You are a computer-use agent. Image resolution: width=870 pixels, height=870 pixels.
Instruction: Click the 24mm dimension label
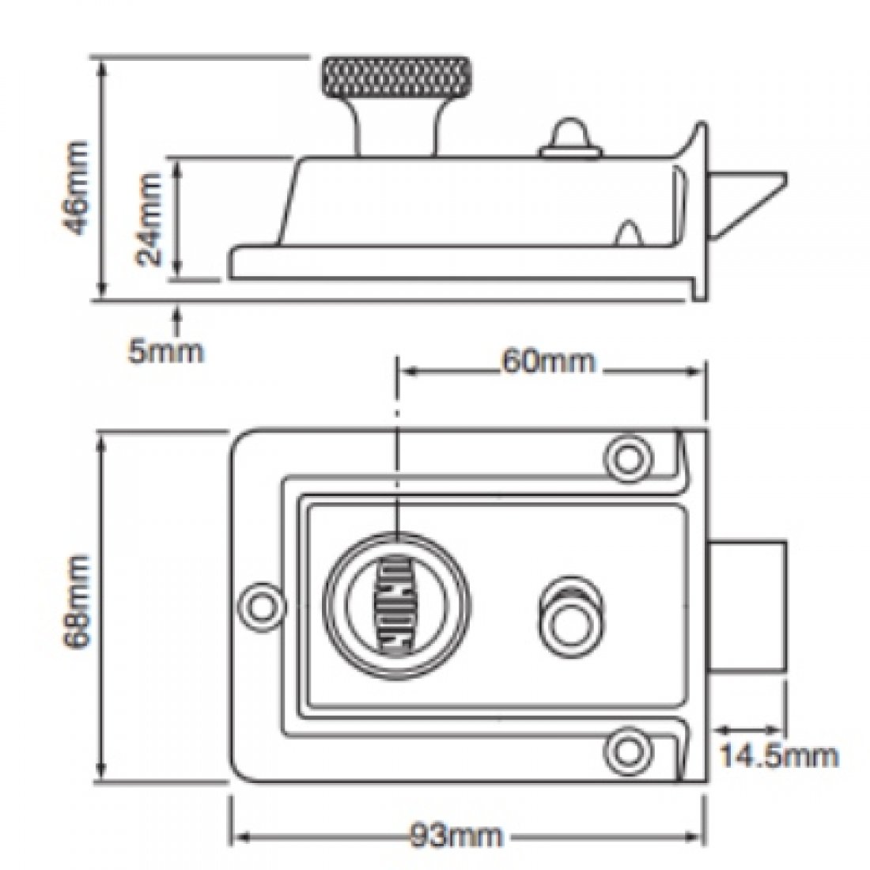click(x=149, y=219)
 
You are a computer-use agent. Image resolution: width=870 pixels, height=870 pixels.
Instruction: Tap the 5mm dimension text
click(x=166, y=351)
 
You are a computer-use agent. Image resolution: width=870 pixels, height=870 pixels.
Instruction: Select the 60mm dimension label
click(x=547, y=361)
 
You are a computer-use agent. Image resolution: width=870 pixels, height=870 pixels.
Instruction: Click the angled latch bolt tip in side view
click(x=751, y=198)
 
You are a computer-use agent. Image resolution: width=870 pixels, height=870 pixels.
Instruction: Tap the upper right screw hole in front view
click(x=628, y=457)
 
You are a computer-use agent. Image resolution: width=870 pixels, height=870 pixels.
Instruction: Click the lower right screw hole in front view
click(x=628, y=747)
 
